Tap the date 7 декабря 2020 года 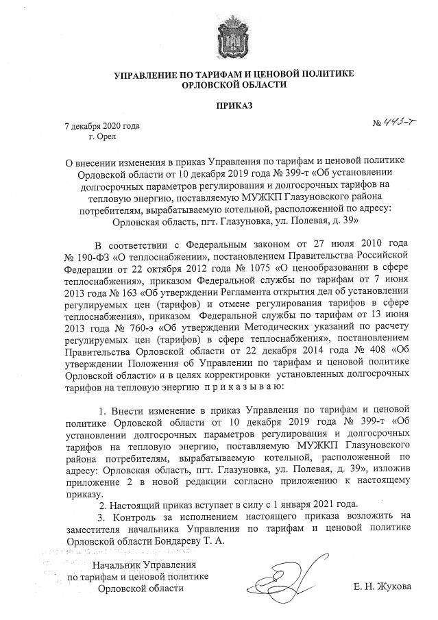tap(101, 126)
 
